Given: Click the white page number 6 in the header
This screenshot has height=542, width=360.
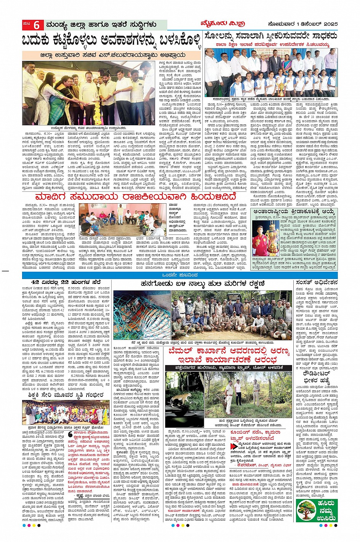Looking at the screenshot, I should (37, 25).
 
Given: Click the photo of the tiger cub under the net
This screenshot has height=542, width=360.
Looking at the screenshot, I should (141, 309).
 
